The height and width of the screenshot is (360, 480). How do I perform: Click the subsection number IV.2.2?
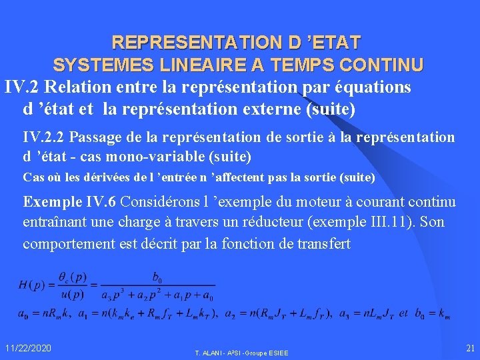coord(44,137)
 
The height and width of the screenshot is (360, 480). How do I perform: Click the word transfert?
coord(321,243)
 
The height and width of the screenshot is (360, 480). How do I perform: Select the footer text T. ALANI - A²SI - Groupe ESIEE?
coord(241,352)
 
